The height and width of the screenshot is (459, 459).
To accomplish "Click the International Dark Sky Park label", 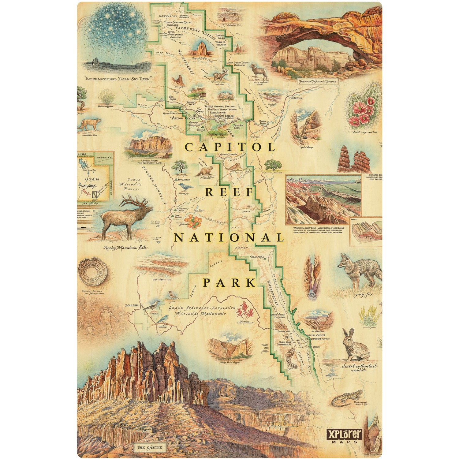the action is pyautogui.click(x=118, y=79).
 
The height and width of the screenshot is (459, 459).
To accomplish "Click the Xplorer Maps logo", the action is pyautogui.click(x=345, y=436).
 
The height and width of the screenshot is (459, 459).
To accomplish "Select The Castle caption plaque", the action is pyautogui.click(x=150, y=447).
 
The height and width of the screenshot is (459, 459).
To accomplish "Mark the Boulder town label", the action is pyautogui.click(x=132, y=305).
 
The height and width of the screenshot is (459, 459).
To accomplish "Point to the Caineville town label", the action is pyautogui.click(x=296, y=98).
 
